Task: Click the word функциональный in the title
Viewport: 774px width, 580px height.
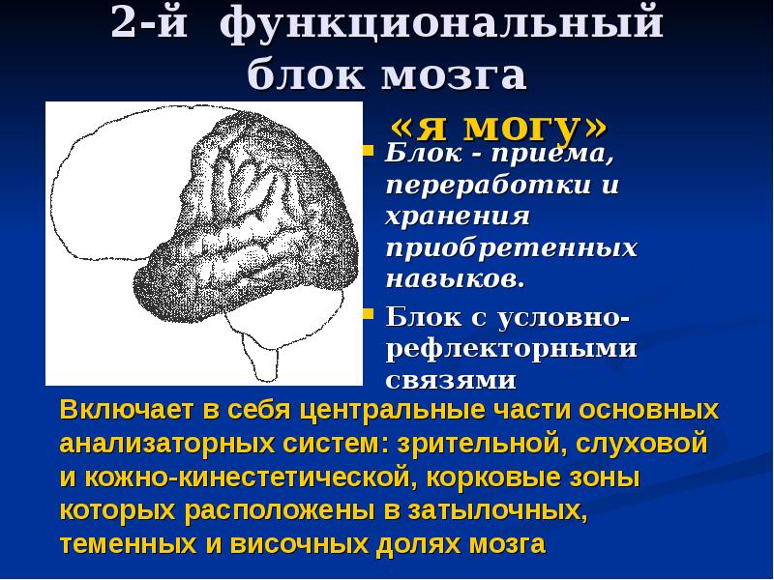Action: (x=441, y=23)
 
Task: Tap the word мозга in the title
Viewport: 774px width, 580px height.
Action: (x=454, y=75)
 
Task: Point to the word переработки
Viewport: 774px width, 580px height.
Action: (x=488, y=186)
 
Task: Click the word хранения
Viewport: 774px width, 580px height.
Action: (x=458, y=217)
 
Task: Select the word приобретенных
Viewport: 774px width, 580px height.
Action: (x=512, y=247)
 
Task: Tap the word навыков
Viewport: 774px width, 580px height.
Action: (x=455, y=279)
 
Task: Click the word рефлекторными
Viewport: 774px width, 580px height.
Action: (x=512, y=349)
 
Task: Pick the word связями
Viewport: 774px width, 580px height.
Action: (x=451, y=380)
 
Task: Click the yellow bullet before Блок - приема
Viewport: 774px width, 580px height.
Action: (x=369, y=150)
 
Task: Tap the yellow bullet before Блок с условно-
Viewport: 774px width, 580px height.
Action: (x=369, y=313)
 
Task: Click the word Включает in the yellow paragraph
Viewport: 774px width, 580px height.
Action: (x=126, y=410)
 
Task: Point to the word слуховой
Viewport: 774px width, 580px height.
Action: (x=641, y=444)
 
